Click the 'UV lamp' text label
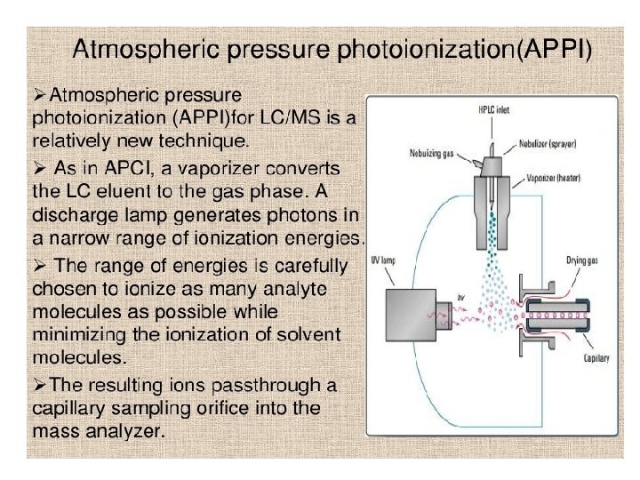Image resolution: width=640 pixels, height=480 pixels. pos(384,263)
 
